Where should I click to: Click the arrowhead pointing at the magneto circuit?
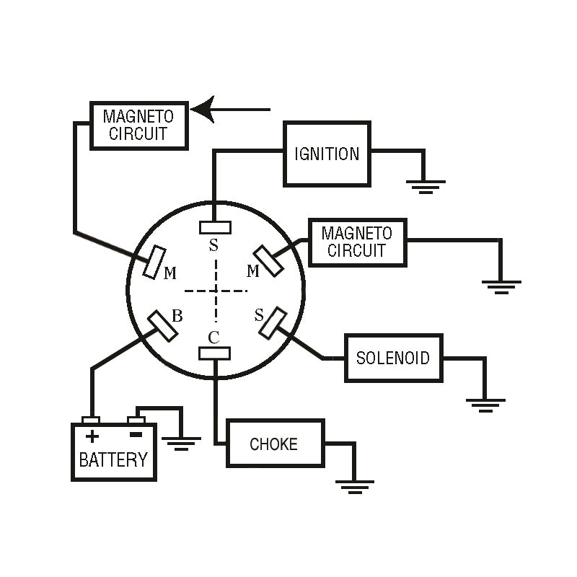point(203,110)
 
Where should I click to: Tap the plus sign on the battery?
point(92,436)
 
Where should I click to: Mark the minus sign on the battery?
point(136,435)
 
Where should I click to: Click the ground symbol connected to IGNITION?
point(426,187)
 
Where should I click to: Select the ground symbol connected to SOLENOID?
point(485,405)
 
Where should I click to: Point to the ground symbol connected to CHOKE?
point(355,487)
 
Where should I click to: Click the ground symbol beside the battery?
point(182,444)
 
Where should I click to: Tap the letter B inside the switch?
point(177,316)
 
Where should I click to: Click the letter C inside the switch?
point(213,337)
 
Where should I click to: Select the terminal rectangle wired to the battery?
point(162,326)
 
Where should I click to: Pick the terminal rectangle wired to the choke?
point(214,353)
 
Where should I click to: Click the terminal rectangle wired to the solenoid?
point(273,323)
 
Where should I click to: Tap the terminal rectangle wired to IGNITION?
point(215,227)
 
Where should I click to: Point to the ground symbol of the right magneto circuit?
point(501,287)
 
